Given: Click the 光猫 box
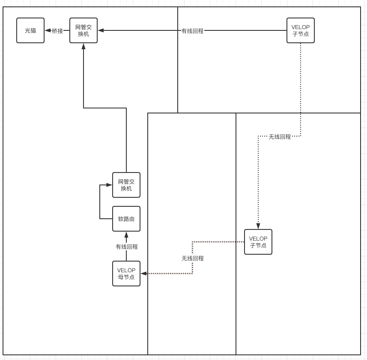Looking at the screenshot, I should coord(30,30).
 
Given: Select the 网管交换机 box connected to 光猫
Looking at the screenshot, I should coord(84,30).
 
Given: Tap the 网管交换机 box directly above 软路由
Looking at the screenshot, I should coord(126,185).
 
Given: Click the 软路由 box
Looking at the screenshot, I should coord(126,219).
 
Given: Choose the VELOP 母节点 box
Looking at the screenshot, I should coord(126,274).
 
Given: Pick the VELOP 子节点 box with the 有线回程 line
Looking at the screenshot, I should coord(301,30).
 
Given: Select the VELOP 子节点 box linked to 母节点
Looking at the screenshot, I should coord(258,242).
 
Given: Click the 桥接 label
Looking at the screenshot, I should coord(57,31).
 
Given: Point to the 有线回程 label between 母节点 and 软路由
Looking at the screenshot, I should coord(127,247).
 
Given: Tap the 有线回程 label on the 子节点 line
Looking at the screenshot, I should coord(193,31).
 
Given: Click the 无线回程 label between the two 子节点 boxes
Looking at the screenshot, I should coord(280,137).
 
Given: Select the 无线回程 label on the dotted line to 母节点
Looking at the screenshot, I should coord(193,258).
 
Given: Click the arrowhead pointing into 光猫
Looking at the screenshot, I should coord(48,30).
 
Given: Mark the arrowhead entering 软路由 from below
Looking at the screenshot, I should coord(126,235).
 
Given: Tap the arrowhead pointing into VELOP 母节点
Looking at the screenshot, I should coord(144,274).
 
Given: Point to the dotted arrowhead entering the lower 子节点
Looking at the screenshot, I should coord(258,226).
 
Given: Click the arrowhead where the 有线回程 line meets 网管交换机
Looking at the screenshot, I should coord(101,30).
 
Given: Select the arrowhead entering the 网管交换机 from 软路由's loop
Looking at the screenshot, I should coord(109,185).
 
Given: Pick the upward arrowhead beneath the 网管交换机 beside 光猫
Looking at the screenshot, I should coord(84,46).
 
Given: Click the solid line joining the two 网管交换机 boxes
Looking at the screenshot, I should coord(105,108).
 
